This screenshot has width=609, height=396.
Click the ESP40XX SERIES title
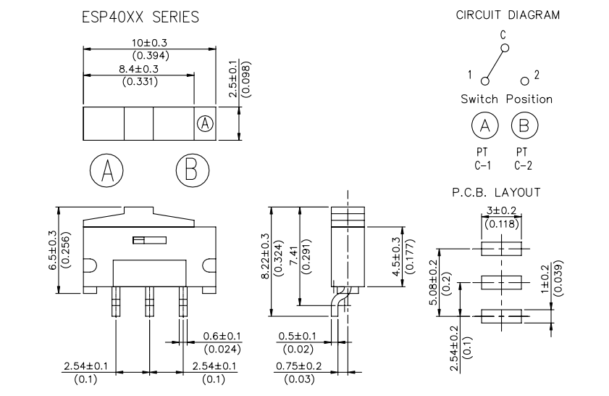140,17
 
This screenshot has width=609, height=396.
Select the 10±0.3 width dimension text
149,43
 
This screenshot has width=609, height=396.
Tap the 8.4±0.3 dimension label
138,69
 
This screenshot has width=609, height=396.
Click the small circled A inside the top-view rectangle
205,124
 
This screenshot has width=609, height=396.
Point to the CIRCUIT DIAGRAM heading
508,15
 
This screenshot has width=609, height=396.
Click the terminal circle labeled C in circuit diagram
505,49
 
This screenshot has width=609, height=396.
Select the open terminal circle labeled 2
525,81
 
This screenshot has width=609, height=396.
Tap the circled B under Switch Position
524,125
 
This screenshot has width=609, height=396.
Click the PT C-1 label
482,159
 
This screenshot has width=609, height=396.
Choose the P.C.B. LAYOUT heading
496,192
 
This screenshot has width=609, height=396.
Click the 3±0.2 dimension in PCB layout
501,210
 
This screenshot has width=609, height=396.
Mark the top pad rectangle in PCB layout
501,249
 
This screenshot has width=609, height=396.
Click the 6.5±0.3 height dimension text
52,250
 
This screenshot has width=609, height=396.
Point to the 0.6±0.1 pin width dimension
222,336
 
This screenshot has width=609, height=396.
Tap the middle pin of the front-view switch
149,302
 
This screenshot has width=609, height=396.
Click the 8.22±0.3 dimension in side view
265,256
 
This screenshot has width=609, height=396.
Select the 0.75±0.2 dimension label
298,366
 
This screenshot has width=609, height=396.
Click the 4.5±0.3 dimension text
396,256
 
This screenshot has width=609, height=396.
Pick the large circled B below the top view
192,170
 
